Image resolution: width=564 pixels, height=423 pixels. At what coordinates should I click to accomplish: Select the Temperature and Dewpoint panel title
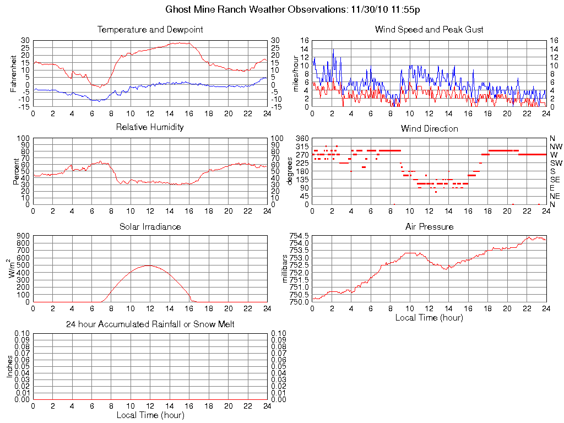coord(150,29)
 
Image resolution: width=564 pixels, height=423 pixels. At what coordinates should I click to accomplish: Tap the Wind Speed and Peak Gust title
coord(429,29)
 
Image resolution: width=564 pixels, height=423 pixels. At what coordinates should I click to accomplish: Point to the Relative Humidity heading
coord(150,127)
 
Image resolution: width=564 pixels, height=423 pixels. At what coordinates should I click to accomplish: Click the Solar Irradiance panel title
coord(150,226)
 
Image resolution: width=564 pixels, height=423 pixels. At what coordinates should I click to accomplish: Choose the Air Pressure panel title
coord(429,226)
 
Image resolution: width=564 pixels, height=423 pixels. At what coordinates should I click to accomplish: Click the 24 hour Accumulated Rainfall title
coord(150,324)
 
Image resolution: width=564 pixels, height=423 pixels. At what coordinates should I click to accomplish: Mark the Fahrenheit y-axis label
coord(14,74)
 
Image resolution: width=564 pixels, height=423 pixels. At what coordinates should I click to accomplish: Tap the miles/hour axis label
coord(295,74)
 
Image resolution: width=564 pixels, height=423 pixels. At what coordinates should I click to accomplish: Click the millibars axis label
coord(285,269)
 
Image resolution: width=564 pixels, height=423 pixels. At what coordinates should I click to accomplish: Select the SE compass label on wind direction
coord(555,180)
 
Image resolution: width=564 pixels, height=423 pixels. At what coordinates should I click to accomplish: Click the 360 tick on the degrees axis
coord(302,138)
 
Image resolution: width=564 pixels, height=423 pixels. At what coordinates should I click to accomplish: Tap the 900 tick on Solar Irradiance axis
coord(23,236)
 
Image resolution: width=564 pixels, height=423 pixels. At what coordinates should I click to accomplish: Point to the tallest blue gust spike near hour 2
coord(333,49)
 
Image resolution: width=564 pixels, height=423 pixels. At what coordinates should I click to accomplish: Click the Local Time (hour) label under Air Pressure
coord(429,317)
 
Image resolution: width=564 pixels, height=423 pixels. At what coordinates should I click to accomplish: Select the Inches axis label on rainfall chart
coord(10,366)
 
